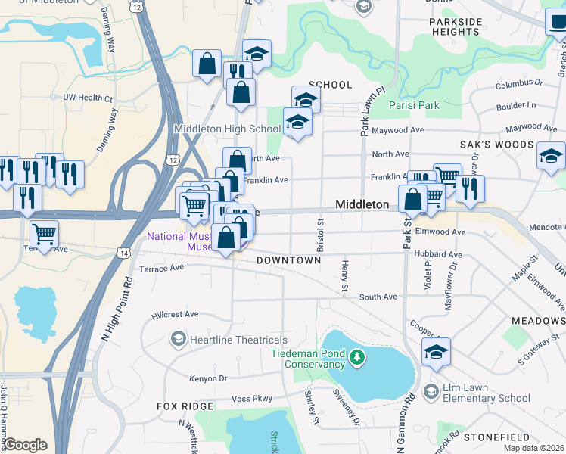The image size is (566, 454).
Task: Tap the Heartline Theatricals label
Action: click(x=238, y=340)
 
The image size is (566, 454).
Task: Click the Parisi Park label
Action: click(x=414, y=105)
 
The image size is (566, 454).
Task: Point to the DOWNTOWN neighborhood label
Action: click(x=289, y=260)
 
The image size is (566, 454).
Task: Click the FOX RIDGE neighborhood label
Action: click(x=185, y=406)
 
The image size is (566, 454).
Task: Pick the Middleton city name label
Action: click(x=362, y=204)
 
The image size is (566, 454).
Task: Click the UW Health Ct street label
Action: click(x=88, y=98)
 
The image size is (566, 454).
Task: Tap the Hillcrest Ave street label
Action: click(x=175, y=313)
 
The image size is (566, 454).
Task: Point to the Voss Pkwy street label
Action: click(x=251, y=398)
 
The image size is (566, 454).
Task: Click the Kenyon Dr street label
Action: click(x=208, y=378)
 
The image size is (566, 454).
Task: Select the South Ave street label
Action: click(x=378, y=297)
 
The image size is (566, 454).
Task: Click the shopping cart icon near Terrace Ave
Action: click(x=45, y=235)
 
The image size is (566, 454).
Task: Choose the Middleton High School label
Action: click(x=228, y=129)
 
